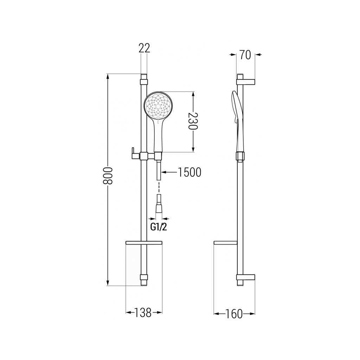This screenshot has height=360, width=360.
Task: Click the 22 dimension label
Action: pos(144,48)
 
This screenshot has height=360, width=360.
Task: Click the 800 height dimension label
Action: pos(108,175)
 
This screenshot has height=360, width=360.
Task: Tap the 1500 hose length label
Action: pos(189,172)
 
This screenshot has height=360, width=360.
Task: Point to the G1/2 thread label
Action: pos(159,227)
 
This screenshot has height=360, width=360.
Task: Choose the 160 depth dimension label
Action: pos(234,314)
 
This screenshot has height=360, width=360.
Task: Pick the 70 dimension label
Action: pos(245,55)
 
